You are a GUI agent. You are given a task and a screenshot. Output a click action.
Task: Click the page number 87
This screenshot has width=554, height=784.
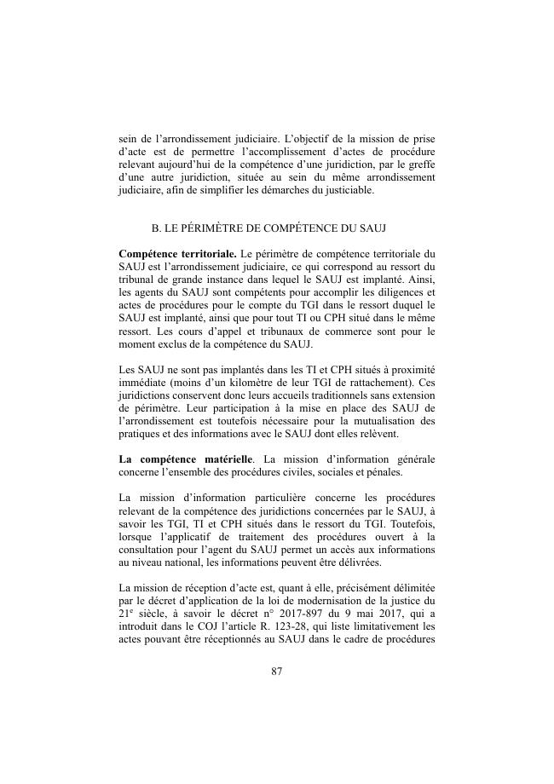[x=277, y=672]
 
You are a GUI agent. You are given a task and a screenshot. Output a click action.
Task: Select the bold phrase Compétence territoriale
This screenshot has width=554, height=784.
[x=177, y=253]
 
